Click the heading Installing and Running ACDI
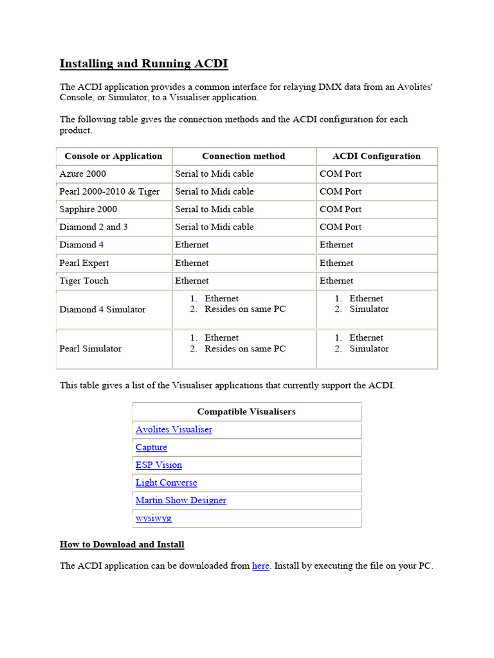click(143, 64)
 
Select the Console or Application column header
click(113, 156)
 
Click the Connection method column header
click(243, 156)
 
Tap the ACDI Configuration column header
click(376, 156)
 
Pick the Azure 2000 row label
click(83, 173)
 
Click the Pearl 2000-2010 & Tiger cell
click(109, 191)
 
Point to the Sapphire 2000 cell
click(88, 209)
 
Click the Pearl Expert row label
click(84, 263)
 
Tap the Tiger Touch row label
click(84, 281)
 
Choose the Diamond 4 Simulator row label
click(102, 309)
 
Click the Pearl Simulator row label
click(91, 348)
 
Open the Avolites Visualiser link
click(174, 429)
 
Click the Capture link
click(151, 447)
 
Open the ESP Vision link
click(159, 465)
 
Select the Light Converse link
click(166, 483)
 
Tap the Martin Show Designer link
click(181, 500)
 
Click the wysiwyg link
click(154, 518)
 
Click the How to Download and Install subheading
click(122, 544)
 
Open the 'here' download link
click(261, 566)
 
